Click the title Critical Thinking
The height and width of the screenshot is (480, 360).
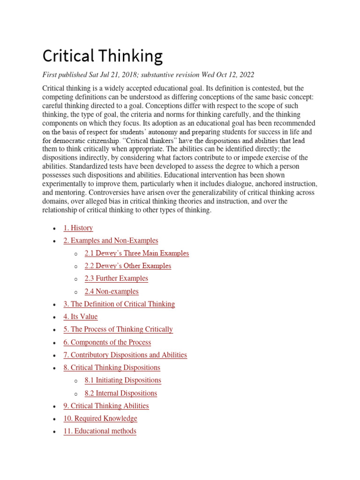[103, 57]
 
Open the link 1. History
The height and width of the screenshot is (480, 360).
[78, 228]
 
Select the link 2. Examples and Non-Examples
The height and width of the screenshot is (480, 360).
[111, 240]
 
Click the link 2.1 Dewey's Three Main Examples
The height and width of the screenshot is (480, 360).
[136, 253]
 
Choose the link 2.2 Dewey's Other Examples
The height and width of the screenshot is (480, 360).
[127, 266]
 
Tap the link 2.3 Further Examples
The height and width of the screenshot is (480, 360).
[116, 278]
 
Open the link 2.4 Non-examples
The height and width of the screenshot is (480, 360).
[112, 291]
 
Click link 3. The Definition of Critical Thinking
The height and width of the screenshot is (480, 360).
[119, 304]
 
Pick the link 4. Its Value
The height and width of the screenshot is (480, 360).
[81, 316]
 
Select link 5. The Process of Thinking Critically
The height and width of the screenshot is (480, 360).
[118, 329]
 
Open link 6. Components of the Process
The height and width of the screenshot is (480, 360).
[107, 342]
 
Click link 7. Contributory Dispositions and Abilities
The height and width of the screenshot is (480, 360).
[125, 355]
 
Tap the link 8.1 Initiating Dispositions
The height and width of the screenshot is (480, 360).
[123, 380]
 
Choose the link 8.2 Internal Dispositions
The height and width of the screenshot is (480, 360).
[120, 393]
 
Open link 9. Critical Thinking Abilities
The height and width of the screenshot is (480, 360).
[106, 405]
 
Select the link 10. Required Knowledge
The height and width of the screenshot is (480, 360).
[100, 418]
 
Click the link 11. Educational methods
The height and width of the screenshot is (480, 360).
[100, 431]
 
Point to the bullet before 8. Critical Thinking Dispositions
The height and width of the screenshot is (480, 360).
[55, 368]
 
